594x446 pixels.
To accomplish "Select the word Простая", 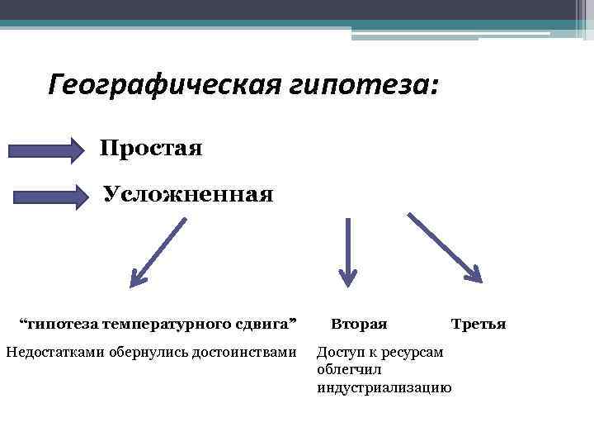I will point(151,149).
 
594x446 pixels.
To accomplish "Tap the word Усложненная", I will point(187,195).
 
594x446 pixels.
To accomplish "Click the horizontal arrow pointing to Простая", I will point(46,150).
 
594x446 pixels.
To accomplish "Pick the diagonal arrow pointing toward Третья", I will point(445,248).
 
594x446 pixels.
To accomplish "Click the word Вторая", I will point(359,324).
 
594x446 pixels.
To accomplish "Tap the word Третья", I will point(478,324).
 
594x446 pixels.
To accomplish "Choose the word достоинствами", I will point(243,353).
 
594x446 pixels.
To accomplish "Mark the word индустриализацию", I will point(384,387).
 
